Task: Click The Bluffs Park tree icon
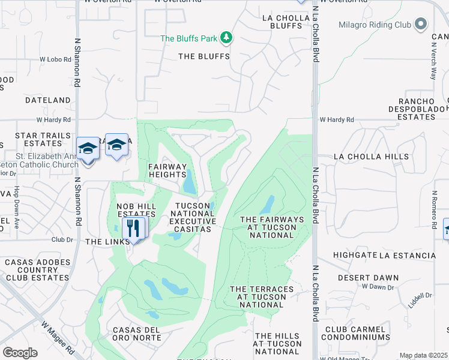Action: point(226,38)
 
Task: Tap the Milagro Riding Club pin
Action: point(421,24)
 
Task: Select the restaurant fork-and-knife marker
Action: point(133,228)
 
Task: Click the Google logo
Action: point(20,353)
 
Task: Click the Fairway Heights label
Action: point(168,170)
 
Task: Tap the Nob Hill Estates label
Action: point(136,210)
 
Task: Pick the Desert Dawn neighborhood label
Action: point(368,278)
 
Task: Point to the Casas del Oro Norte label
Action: point(137,334)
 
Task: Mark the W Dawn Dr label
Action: point(376,287)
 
